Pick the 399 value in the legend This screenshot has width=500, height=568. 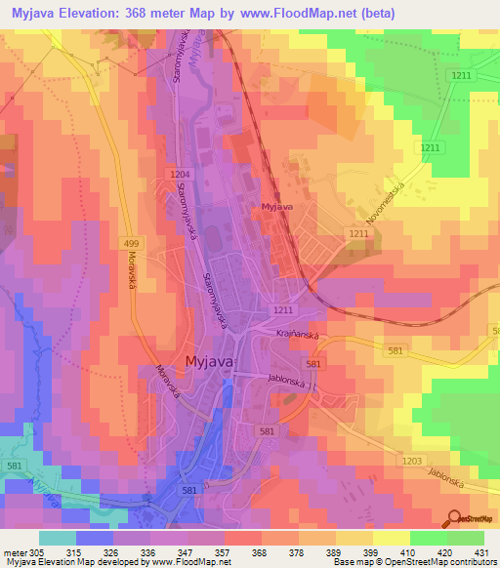(369, 552)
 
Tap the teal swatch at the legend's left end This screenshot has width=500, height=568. (58, 538)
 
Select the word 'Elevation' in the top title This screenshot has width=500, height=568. (101, 13)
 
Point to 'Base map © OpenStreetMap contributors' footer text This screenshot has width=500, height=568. (414, 562)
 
